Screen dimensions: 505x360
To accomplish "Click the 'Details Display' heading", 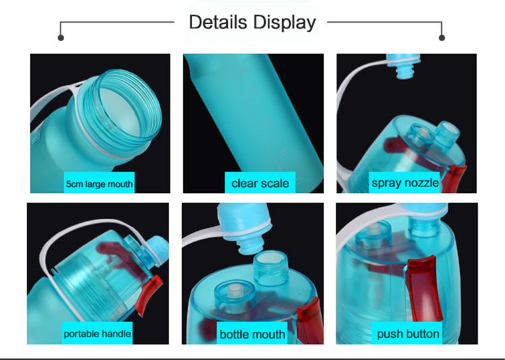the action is [252, 22].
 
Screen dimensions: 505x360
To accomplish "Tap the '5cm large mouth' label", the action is [99, 184].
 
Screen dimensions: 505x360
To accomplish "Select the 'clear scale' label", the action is [260, 184].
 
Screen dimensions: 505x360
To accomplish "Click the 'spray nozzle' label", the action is [405, 183].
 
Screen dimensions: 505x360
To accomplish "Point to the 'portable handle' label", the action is [97, 334].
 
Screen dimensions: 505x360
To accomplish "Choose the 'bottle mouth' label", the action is [252, 334].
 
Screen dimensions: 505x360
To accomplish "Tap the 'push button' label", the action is [408, 334].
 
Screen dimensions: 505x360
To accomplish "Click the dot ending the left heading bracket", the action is [61, 38].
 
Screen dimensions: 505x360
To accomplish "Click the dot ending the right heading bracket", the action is [442, 38].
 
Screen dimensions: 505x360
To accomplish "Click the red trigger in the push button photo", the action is [424, 288].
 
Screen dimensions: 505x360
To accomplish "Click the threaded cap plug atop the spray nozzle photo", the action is [404, 66].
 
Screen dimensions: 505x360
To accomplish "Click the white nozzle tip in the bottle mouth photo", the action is [235, 293].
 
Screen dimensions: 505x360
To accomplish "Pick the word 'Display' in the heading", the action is [284, 22].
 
